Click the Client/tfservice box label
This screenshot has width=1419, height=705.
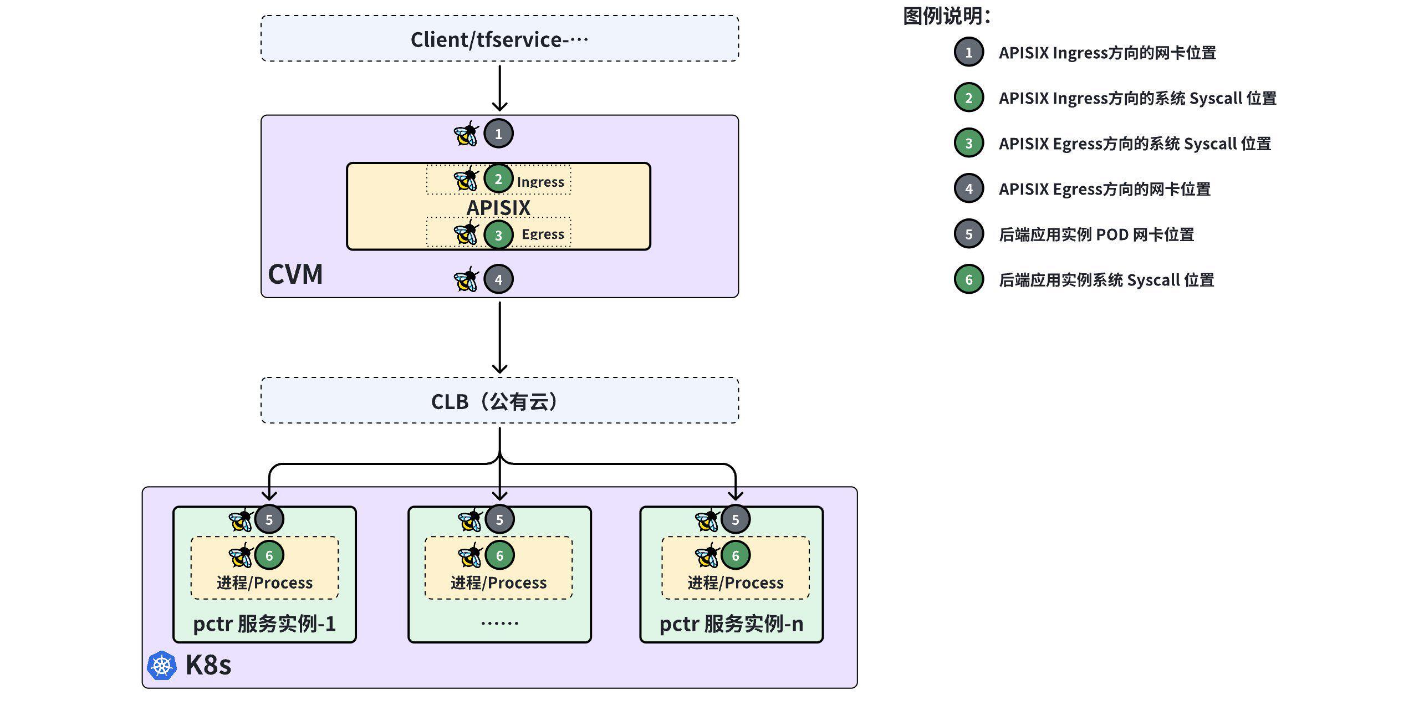[x=499, y=40]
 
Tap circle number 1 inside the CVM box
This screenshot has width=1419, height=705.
[x=498, y=134]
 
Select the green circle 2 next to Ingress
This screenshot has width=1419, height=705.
[x=498, y=178]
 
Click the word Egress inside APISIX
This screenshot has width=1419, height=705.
[x=543, y=234]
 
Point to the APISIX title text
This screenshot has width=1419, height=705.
[x=498, y=208]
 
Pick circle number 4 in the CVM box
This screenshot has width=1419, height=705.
[x=498, y=279]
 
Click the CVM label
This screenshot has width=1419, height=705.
[x=295, y=274]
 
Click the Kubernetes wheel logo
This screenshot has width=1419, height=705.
[x=162, y=665]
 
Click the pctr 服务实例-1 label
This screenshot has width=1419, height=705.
[x=264, y=624]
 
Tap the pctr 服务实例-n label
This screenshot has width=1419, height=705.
[x=731, y=624]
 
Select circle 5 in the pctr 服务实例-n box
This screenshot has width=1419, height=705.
[x=736, y=520]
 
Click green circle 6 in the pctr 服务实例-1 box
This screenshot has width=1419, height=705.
[x=269, y=555]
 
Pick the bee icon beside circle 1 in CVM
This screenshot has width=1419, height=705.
[x=466, y=134]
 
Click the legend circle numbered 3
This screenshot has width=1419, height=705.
[x=968, y=144]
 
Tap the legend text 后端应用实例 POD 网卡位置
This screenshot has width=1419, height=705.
[x=1096, y=234]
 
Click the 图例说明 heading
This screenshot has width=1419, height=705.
[x=946, y=16]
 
